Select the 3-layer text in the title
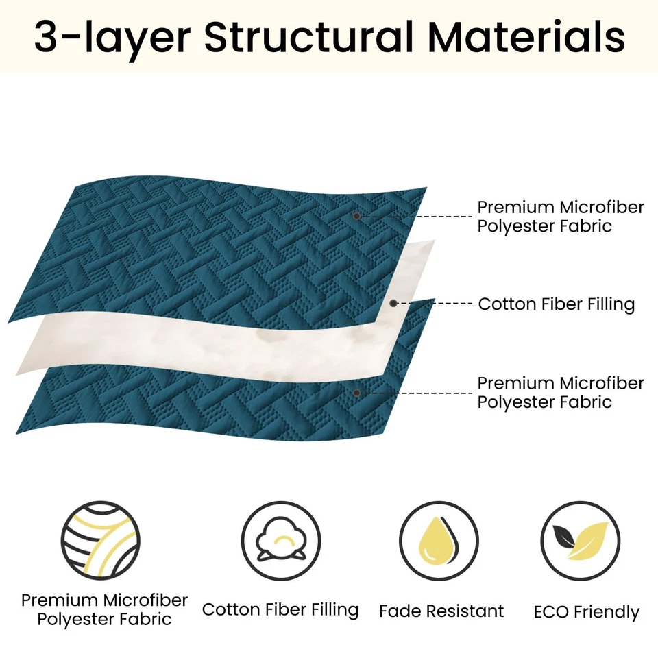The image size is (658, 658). pos(112,38)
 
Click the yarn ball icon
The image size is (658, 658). pos(101,541)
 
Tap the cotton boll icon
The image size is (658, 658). pos(281,541)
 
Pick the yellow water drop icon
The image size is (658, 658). pos(439,541)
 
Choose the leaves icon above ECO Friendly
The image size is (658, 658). pos(581,541)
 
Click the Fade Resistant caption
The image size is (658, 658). pos(441,611)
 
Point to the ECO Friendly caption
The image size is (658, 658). pos(586,612)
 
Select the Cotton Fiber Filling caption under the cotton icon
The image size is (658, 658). pos(280,610)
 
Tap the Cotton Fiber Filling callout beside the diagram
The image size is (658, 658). pos(557,304)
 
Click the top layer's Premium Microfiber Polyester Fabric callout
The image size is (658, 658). pos(561,217)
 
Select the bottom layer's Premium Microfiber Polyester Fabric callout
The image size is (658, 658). pos(561,392)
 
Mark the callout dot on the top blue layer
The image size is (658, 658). pos(356,216)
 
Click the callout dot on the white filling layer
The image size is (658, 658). pos(393,303)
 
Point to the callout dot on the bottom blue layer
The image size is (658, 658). pos(356,393)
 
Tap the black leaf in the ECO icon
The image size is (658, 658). pos(563,536)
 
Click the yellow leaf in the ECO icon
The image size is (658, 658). pos(587,541)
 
